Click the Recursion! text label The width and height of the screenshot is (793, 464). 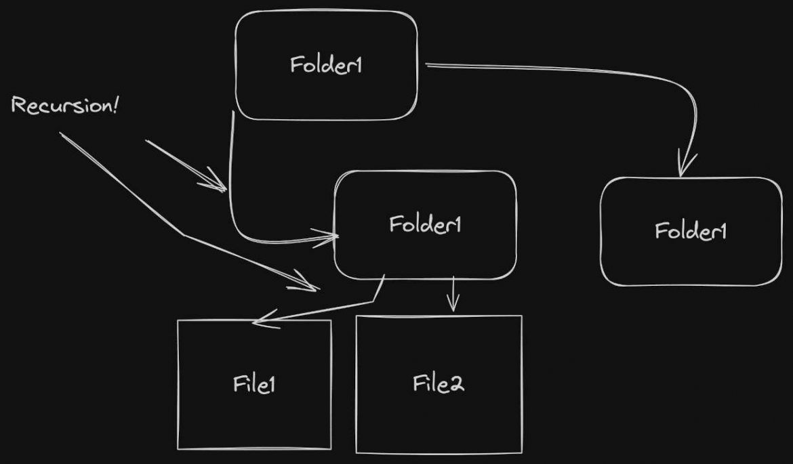65,106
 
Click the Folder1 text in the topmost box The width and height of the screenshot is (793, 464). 325,66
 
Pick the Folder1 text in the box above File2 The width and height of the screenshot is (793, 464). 425,224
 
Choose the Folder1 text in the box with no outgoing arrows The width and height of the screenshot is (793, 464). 691,231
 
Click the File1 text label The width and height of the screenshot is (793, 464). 254,384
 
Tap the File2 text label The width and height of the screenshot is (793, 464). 439,383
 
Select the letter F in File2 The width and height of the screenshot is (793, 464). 418,383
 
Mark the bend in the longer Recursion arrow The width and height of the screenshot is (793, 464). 183,235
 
